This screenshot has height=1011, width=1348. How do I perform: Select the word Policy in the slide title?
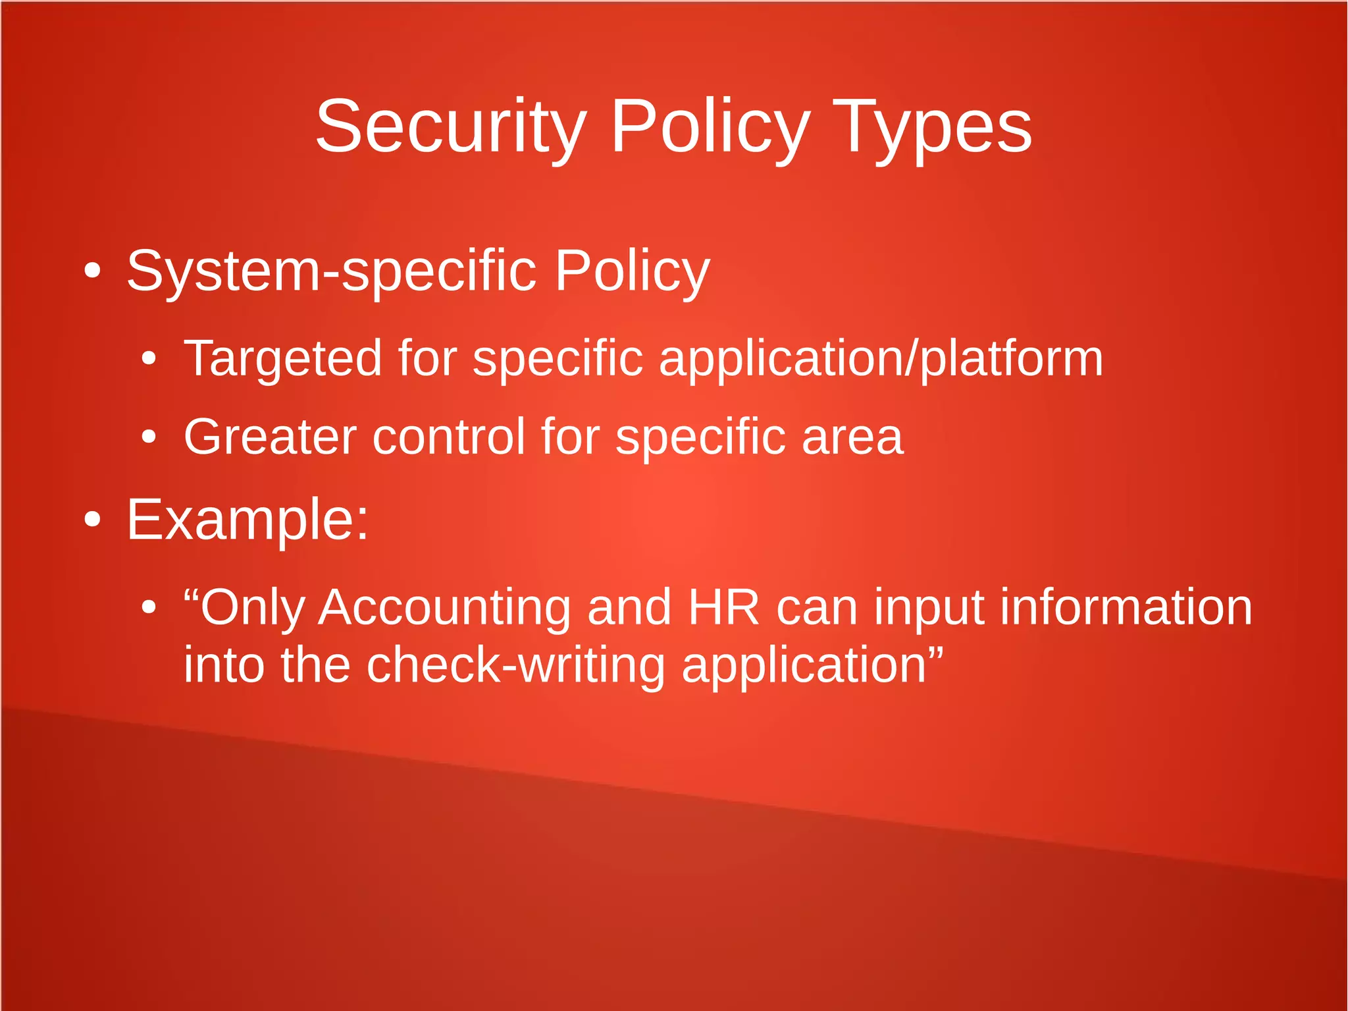tap(710, 127)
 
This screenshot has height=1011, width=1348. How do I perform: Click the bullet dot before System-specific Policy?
tap(92, 271)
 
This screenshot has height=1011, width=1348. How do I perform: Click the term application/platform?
tap(881, 359)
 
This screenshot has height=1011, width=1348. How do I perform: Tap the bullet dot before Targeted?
tap(149, 359)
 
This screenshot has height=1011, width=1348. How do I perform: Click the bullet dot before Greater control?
tap(149, 437)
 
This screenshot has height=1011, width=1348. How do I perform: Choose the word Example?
tap(247, 520)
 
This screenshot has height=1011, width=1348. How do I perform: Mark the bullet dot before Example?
tap(92, 520)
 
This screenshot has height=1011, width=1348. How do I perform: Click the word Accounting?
tap(444, 607)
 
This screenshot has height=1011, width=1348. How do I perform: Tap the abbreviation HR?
tap(723, 607)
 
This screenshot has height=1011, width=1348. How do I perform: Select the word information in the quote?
tap(1126, 607)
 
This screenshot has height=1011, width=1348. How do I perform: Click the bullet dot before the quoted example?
tap(149, 607)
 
